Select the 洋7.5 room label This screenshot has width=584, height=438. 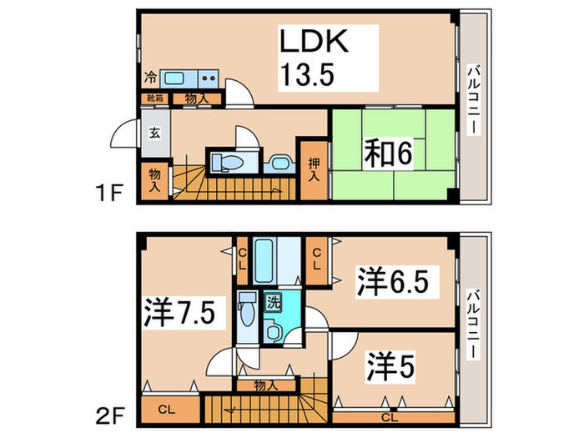(182, 313)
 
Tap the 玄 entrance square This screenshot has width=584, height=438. (155, 133)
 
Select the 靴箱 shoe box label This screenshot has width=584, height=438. (155, 99)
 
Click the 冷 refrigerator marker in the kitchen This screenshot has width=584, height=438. (150, 78)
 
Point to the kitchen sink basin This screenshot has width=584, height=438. (176, 78)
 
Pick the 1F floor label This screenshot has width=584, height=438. (110, 194)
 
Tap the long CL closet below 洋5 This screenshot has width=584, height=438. (389, 416)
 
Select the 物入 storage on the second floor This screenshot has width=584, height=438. (266, 385)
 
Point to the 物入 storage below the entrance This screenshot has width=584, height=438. (155, 179)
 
